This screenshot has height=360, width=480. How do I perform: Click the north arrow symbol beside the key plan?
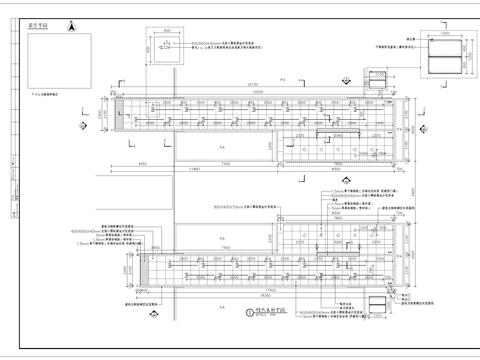70,31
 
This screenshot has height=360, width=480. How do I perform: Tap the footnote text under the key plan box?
45,93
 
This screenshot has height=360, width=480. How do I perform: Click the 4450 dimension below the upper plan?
142,162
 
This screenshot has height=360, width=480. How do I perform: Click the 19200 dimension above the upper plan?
258,91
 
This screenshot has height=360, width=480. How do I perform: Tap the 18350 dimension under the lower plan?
262,298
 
